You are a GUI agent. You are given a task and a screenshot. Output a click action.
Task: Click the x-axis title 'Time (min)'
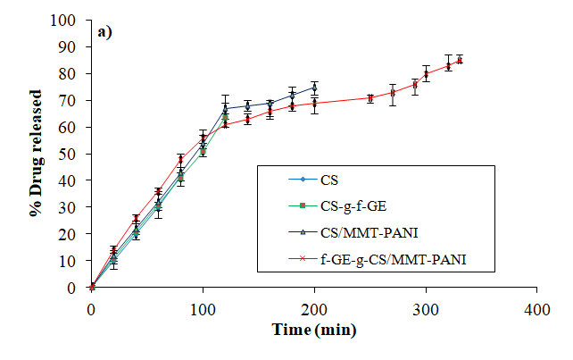click(x=313, y=330)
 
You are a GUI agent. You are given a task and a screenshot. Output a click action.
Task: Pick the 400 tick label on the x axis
click(x=536, y=307)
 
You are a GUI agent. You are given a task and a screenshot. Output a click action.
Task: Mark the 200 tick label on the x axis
click(x=314, y=307)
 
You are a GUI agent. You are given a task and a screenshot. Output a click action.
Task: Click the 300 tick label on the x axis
click(x=426, y=307)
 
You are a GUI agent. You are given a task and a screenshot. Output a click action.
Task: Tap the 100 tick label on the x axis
click(x=203, y=307)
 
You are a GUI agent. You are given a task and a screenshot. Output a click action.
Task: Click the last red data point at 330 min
click(x=459, y=61)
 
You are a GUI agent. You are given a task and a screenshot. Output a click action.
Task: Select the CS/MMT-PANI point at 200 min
click(x=314, y=87)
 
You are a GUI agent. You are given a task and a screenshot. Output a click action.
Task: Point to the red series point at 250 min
click(x=370, y=97)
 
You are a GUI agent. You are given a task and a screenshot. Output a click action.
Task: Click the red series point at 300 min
click(x=426, y=73)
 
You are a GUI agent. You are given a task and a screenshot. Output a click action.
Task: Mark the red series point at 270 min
click(x=392, y=92)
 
